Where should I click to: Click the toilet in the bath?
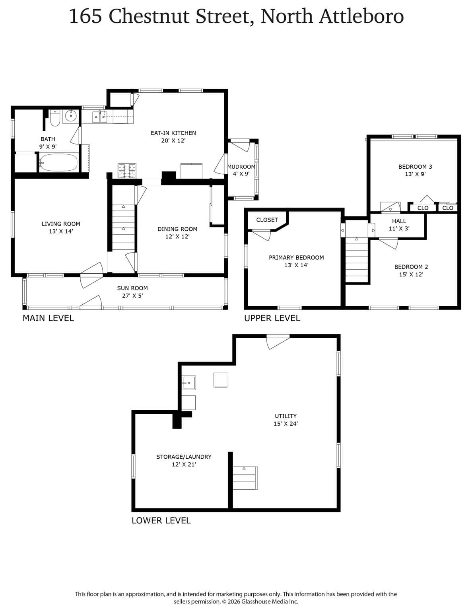coord(55,118)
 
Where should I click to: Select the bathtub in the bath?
coord(58,162)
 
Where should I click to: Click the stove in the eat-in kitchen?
coord(127,171)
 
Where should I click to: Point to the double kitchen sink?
coord(100,117)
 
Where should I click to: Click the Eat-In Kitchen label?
coord(173,133)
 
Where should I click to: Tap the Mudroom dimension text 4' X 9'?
coord(241,174)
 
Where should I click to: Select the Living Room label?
coord(61,224)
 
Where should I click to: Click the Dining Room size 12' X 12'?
coord(177,236)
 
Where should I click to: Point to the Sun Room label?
coord(132,288)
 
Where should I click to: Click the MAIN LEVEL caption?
coord(49,318)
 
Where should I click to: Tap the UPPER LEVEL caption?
coord(272,318)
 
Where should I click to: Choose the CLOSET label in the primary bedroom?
coord(267,220)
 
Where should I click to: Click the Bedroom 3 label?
coord(415,166)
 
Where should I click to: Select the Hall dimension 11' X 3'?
coord(399,229)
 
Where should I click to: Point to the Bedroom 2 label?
coord(411,267)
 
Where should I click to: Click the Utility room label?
coord(286,416)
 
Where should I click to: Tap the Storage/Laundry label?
coord(184,457)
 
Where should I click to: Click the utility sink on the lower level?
coord(189,383)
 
